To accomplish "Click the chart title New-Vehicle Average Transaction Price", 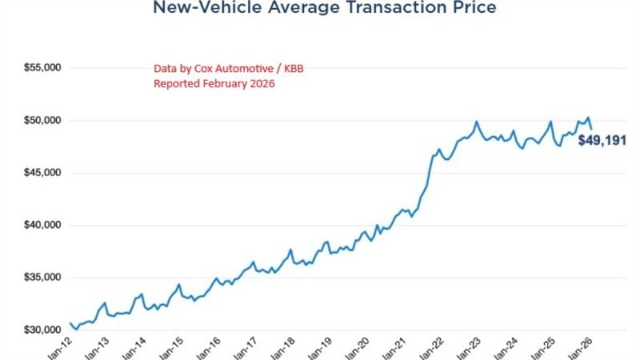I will tap(323, 9).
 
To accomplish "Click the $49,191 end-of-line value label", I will tap(602, 147).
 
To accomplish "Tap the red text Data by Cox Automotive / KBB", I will tap(228, 69).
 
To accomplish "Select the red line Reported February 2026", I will tap(214, 84).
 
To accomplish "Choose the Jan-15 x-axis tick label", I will tap(171, 350).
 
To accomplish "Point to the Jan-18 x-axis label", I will tap(284, 350).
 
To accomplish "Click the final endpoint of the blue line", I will tap(592, 128).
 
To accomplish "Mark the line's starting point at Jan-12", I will tap(70, 323).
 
